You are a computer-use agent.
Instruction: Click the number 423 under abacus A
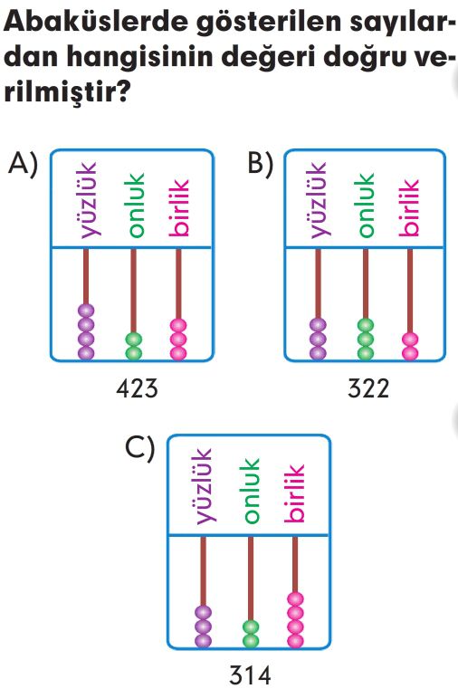(137, 388)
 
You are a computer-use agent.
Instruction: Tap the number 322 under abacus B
(368, 388)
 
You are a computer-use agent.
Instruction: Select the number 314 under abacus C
(250, 675)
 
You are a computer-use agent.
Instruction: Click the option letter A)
(24, 165)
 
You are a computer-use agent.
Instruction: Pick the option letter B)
(261, 165)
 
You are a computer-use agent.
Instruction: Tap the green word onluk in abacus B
(366, 205)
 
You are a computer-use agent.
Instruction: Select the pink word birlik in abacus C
(294, 493)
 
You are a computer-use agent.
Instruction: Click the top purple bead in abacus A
(86, 311)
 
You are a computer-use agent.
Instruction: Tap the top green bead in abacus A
(134, 339)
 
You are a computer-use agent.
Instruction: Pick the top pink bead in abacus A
(178, 326)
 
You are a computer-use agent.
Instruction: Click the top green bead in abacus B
(366, 326)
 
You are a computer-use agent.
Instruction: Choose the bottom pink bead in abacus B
(410, 354)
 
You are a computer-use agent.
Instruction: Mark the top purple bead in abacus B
(318, 326)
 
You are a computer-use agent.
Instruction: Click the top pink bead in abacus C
(295, 599)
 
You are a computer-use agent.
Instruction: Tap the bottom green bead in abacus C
(251, 641)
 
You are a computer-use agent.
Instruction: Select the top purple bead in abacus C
(204, 613)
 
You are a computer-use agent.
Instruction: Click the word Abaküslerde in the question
(95, 22)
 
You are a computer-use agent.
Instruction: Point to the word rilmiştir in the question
(59, 91)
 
